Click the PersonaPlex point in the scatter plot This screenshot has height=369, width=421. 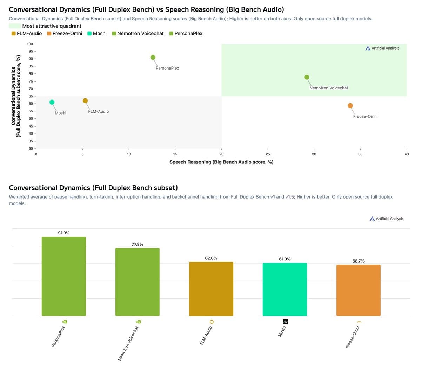(153, 57)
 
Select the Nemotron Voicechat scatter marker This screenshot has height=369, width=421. (307, 77)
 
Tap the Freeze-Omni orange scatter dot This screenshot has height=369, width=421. (350, 106)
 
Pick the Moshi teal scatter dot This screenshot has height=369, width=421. (52, 102)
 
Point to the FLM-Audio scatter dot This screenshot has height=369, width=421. (85, 101)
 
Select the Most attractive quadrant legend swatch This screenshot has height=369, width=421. (14, 26)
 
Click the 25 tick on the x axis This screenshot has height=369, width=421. (268, 154)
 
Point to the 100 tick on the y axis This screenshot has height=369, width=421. (30, 44)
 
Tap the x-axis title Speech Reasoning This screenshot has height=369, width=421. (221, 162)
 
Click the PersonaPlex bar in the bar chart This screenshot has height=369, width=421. (64, 276)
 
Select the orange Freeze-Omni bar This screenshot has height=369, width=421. (358, 290)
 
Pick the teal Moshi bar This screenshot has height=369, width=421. (285, 289)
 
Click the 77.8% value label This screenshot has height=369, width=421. (138, 244)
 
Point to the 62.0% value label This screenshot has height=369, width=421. (211, 258)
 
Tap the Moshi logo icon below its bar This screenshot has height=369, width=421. (286, 322)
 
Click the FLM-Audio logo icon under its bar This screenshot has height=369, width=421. (212, 322)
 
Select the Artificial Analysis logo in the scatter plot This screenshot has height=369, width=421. (382, 48)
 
